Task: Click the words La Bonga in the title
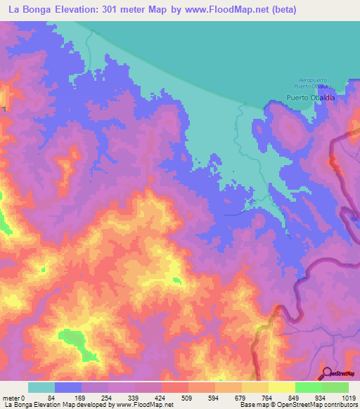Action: [x=31, y=10]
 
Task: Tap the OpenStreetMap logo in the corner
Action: [x=340, y=373]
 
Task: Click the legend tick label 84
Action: [x=51, y=398]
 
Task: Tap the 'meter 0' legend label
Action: [x=14, y=398]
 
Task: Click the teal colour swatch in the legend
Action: [x=41, y=387]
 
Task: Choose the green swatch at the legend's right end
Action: [x=335, y=387]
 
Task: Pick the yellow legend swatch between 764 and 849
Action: [x=281, y=387]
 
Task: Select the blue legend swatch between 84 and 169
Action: [x=68, y=387]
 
